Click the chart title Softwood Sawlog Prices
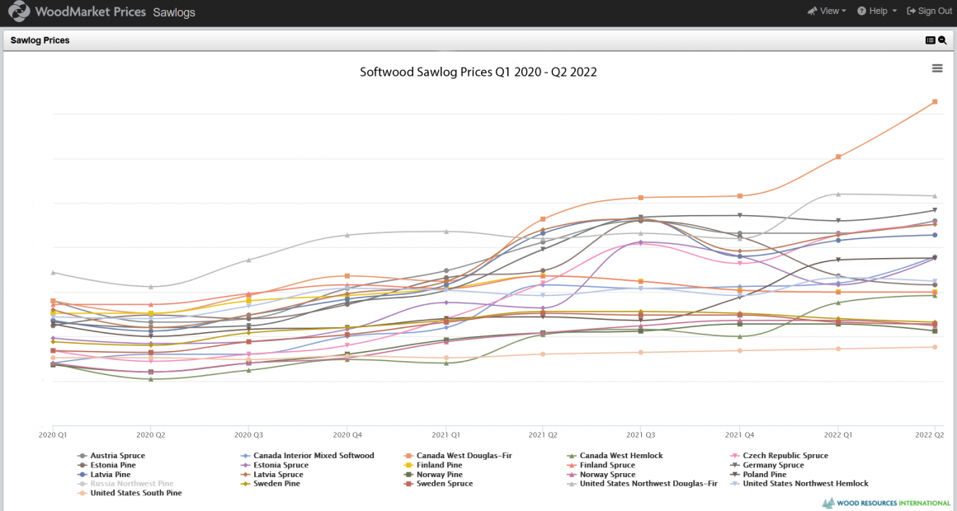coord(478,72)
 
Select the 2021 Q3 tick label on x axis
coord(640,434)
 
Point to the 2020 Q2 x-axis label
coord(151,434)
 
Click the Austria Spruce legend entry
coord(117,456)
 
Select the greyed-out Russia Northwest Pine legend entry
coord(131,484)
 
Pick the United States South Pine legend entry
coord(135,493)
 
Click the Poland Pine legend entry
coord(764,475)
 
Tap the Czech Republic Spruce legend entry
coord(785,456)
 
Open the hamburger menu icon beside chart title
coord(937,68)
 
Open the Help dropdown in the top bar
coord(877,11)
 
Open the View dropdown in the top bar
coord(828,11)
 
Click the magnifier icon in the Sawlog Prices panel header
coord(942,40)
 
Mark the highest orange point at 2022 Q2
coord(935,101)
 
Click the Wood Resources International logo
coord(886,503)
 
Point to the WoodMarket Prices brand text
coord(91,12)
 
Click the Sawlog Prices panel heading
coord(40,40)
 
